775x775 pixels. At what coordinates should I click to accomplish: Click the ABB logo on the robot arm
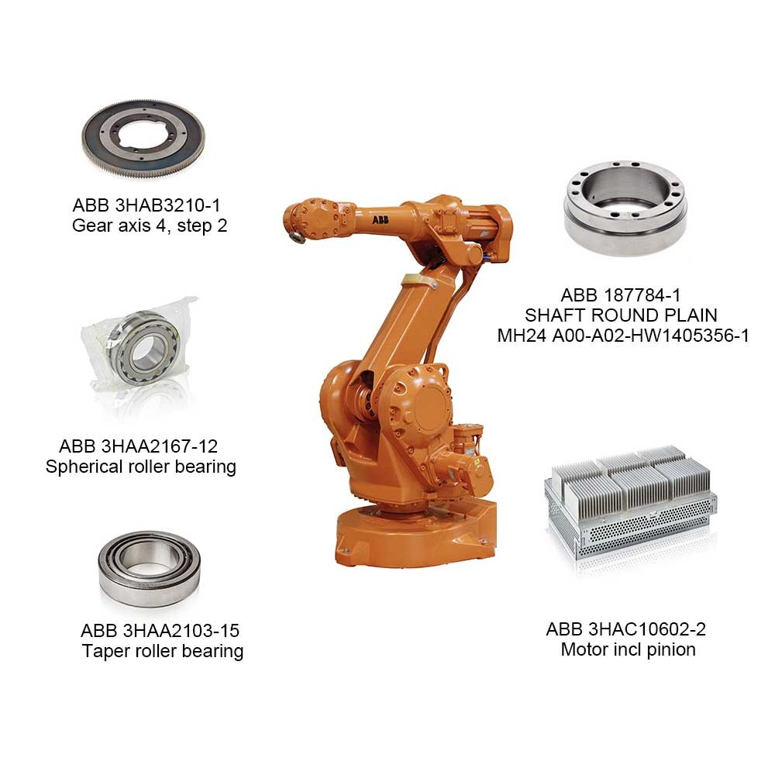pos(380,220)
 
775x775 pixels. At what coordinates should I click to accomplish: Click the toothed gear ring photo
pos(143,139)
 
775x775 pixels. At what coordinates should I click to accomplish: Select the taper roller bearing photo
pos(150,569)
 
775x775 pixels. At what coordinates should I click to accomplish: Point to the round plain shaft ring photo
pos(625,208)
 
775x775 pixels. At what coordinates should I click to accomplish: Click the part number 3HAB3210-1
pos(167,205)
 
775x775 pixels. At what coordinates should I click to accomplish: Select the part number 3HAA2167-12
pos(159,446)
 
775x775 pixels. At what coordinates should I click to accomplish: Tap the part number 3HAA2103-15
pos(181,631)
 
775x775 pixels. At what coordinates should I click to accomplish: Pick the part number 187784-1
pos(642,295)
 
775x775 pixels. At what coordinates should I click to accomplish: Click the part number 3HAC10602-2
pos(647,629)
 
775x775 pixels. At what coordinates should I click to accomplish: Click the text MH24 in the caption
pos(522,336)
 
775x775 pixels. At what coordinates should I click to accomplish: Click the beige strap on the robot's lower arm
pos(418,281)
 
